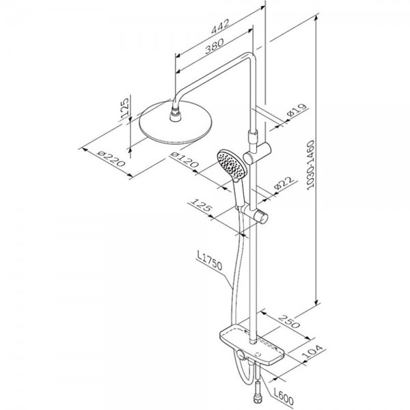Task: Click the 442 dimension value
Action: pos(220,26)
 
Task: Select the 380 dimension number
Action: pos(215,46)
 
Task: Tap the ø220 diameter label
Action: pos(111,159)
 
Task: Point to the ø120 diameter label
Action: pos(184,160)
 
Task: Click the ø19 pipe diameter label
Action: pos(297,110)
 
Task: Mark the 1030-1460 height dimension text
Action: pos(310,165)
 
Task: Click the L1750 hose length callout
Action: pos(210,261)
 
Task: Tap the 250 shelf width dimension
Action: pos(288,321)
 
